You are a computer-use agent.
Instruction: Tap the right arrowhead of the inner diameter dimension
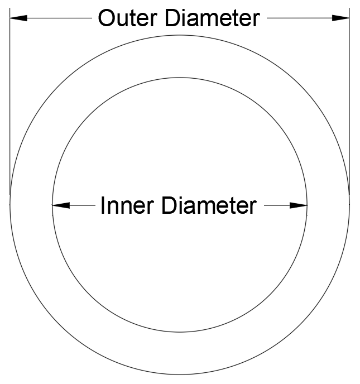click(299, 205)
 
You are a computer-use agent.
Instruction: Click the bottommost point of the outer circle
click(180, 375)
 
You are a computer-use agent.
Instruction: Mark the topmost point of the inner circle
click(180, 78)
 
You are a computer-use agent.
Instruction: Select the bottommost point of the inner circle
click(180, 333)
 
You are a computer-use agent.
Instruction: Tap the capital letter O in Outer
click(106, 18)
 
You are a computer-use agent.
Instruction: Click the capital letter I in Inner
click(103, 206)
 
